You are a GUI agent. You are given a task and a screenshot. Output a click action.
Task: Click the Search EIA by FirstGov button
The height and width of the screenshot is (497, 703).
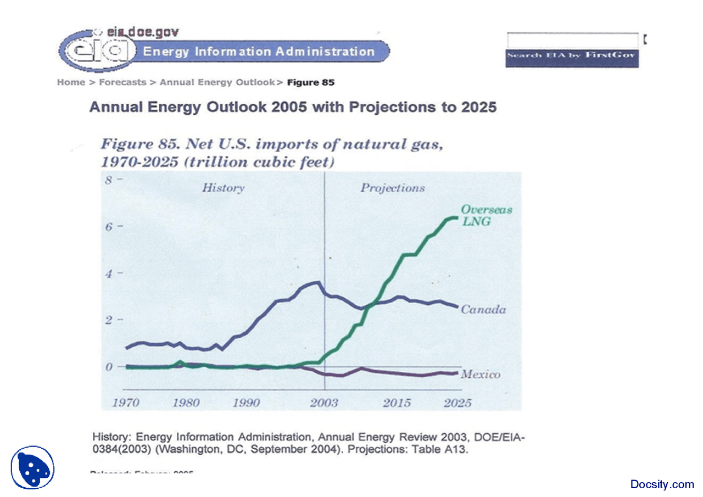coord(572,55)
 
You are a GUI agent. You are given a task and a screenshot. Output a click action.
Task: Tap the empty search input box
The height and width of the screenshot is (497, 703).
coord(572,40)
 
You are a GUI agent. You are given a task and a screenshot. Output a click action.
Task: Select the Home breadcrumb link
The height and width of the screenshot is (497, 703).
coord(71,82)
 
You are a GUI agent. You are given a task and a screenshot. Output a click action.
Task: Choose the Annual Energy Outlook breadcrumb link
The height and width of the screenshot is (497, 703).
coord(217,82)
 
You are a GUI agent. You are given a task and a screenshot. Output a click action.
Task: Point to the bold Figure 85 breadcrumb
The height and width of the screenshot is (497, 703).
coord(311,82)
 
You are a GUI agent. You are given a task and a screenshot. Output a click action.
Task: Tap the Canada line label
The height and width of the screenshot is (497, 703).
coord(483,310)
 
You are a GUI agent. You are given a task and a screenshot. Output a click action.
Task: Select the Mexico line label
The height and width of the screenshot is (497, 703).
coord(481,375)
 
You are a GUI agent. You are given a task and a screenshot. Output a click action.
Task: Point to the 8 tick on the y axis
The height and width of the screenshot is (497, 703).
coord(109,180)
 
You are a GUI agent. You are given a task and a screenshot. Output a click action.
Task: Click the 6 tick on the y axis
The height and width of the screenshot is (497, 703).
coord(109,226)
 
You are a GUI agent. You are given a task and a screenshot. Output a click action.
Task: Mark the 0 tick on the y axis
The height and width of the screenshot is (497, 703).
coord(109,366)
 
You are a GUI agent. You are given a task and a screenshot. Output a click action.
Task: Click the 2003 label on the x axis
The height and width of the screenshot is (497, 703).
coord(324,403)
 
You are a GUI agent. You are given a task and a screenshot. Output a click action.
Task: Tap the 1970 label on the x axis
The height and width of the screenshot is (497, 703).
coord(126,403)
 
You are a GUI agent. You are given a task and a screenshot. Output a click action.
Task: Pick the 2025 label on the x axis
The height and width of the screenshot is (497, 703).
coord(457,403)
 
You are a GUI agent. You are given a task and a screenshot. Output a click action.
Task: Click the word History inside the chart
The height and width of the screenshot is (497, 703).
coord(223,188)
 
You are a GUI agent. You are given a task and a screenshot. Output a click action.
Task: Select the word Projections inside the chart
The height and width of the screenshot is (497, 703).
coord(392,188)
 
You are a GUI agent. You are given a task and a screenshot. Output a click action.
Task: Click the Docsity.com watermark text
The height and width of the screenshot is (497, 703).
coord(662,484)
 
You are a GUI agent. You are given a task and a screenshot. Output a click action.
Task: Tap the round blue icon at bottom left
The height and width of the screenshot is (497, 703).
coord(32,467)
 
